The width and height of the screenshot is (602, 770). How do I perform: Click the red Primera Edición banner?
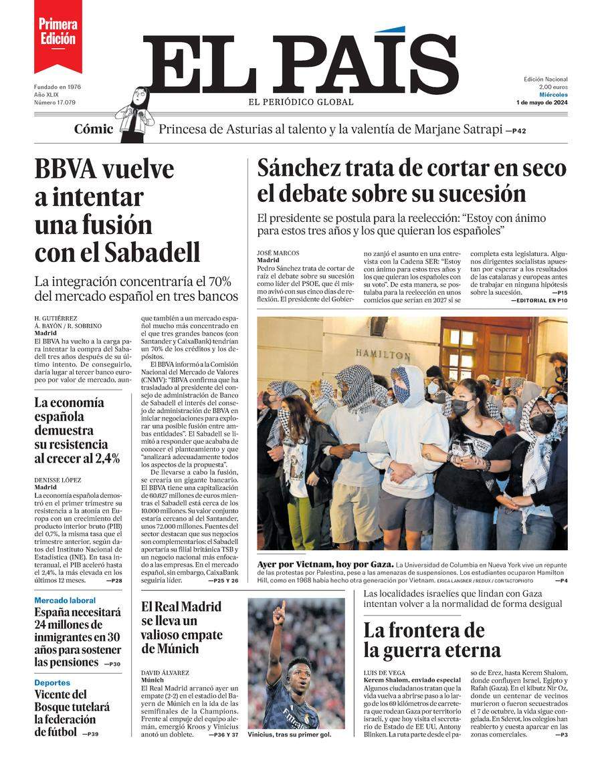pyautogui.click(x=58, y=33)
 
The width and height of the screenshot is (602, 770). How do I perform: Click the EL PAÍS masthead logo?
pyautogui.click(x=301, y=63)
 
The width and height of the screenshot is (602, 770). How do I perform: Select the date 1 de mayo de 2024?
pyautogui.click(x=542, y=102)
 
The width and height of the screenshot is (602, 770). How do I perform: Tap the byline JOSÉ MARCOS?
pyautogui.click(x=278, y=253)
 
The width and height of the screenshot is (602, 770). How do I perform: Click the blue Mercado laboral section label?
pyautogui.click(x=65, y=600)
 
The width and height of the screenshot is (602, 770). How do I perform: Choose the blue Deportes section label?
pyautogui.click(x=52, y=682)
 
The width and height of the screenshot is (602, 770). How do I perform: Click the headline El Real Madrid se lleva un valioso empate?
pyautogui.click(x=182, y=628)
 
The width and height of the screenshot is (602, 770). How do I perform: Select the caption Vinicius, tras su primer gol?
pyautogui.click(x=289, y=734)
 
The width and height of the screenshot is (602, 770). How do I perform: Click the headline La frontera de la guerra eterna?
pyautogui.click(x=432, y=640)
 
